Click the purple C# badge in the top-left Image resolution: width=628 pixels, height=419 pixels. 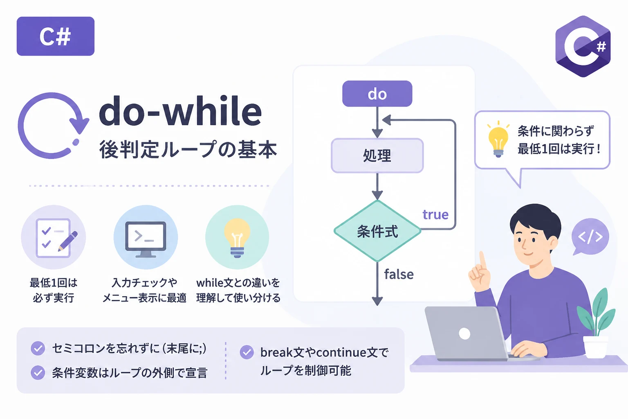tap(56, 36)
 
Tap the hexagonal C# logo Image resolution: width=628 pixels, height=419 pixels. tap(583, 46)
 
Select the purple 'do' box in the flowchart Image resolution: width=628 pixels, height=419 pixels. tap(377, 93)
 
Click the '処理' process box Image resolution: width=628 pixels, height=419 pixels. tap(377, 155)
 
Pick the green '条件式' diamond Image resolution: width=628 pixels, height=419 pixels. tap(377, 231)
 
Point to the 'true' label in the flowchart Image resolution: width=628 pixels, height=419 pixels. tap(435, 214)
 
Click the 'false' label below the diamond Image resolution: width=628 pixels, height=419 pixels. tap(399, 274)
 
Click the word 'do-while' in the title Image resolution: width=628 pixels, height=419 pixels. tap(180, 111)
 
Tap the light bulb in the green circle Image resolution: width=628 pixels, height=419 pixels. tap(237, 238)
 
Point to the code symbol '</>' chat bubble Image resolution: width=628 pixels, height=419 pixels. tap(590, 237)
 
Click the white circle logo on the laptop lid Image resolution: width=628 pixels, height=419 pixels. tap(464, 333)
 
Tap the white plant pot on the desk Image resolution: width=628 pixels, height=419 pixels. tap(595, 347)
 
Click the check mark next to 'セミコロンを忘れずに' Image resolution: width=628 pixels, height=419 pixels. tap(38, 349)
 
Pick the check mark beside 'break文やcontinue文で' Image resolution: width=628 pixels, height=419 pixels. tap(247, 352)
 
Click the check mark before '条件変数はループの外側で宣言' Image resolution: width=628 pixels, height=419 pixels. tap(38, 373)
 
